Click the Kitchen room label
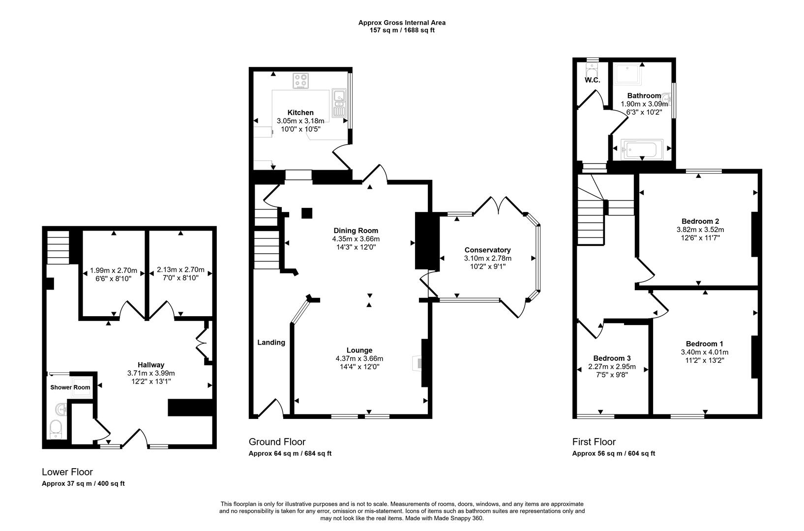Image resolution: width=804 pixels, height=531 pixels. tap(300, 113)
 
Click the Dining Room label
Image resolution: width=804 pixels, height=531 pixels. tap(356, 231)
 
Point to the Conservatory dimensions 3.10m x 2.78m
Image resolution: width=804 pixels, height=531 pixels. tap(487, 258)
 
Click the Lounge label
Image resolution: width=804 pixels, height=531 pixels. tap(359, 350)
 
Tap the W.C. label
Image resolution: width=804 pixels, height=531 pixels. tap(592, 80)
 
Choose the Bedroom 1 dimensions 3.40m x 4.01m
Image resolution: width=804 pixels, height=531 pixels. tap(704, 352)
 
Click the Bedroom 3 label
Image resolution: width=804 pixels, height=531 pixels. tap(612, 358)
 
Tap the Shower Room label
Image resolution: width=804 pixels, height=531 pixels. tap(70, 387)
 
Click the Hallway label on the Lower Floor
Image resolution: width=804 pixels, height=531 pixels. tap(150, 365)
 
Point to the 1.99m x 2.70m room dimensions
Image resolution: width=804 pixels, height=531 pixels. tap(114, 270)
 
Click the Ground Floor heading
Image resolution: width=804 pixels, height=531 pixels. tap(277, 442)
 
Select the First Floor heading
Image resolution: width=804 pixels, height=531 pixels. tap(594, 442)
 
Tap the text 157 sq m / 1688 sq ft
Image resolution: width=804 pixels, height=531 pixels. tap(402, 30)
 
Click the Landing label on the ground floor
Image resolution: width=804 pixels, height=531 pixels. tap(271, 342)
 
